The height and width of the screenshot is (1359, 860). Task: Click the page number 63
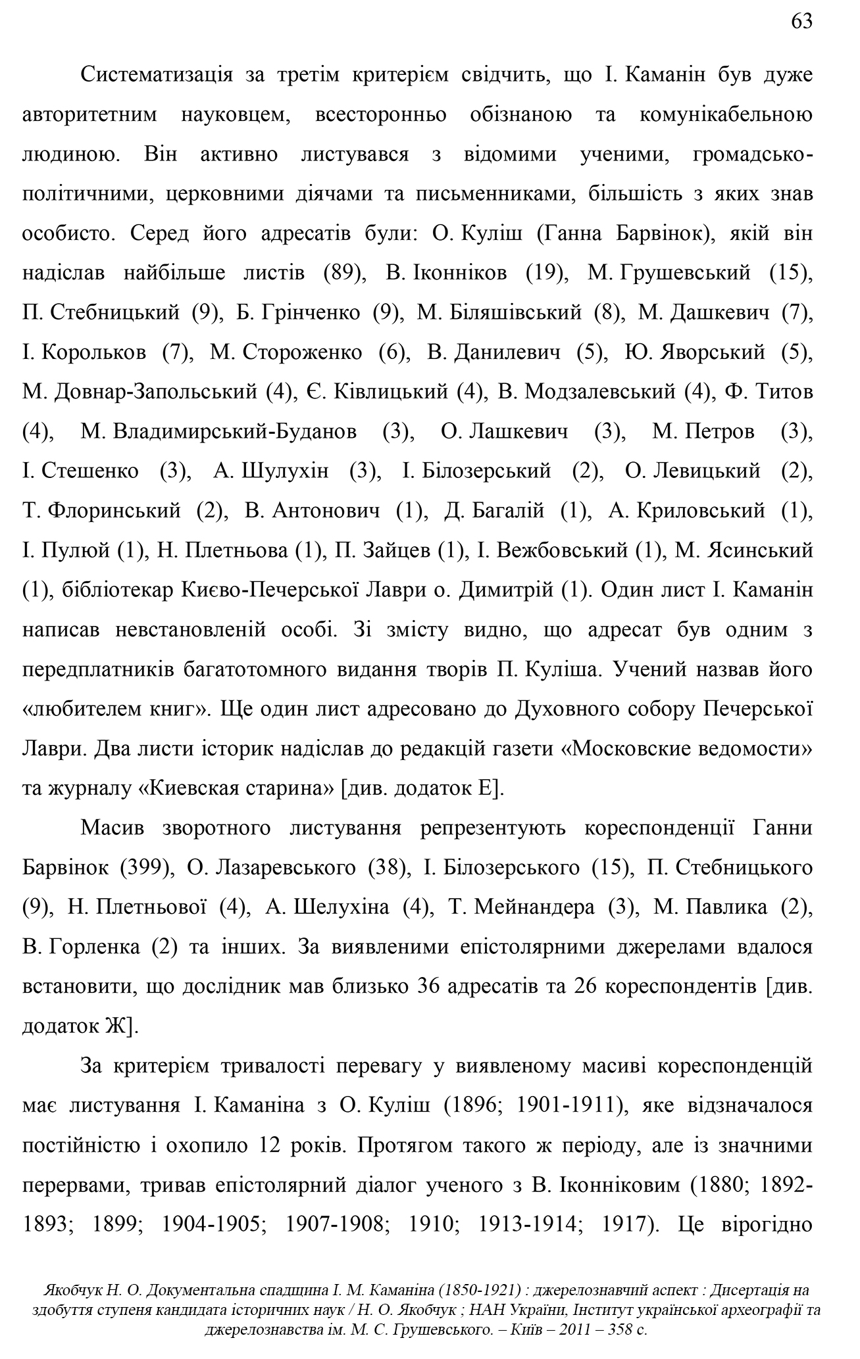click(x=801, y=22)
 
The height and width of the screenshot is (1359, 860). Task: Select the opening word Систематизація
click(x=156, y=75)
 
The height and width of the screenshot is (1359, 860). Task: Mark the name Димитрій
click(x=505, y=590)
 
